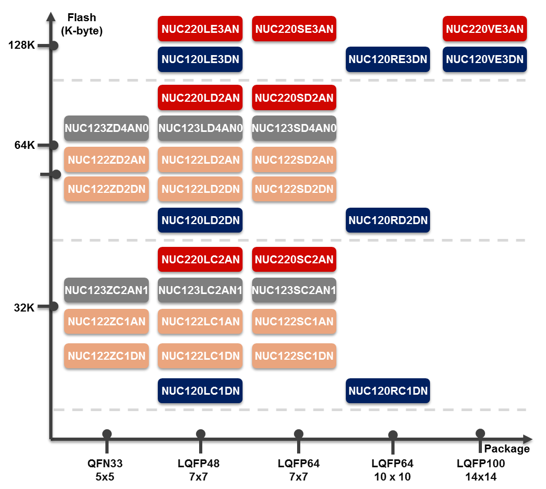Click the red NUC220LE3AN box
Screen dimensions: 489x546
(200, 29)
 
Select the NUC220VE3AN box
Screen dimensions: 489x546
(484, 29)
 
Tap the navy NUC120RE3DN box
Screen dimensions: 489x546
(388, 60)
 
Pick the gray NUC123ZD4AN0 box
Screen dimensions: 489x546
(106, 128)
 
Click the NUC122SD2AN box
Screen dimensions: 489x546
(294, 159)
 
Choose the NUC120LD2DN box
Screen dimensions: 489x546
(200, 220)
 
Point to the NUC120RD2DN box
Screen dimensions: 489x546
(388, 220)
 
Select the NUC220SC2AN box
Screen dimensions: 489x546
(294, 260)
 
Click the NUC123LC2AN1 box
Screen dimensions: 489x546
(200, 290)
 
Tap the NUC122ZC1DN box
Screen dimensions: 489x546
(106, 355)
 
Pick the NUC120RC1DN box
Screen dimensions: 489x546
(388, 392)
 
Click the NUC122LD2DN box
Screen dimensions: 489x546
(200, 189)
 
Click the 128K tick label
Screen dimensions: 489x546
(21, 46)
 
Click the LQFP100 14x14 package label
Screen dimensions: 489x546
(481, 470)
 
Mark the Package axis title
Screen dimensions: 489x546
(506, 449)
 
